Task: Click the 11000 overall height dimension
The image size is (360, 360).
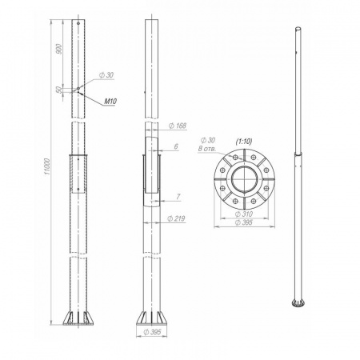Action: point(47,166)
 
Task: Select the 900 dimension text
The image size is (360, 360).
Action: point(59,49)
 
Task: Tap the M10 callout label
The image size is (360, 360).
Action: point(110,102)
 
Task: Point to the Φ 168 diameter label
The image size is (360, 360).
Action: point(178,126)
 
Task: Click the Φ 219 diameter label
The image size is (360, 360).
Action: point(176,218)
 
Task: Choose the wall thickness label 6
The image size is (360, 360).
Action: point(176,146)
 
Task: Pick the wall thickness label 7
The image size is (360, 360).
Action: point(178,197)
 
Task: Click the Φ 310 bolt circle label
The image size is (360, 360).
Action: point(244,214)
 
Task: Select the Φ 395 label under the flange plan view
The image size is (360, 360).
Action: point(244,222)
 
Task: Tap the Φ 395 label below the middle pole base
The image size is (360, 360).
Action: point(152,332)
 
